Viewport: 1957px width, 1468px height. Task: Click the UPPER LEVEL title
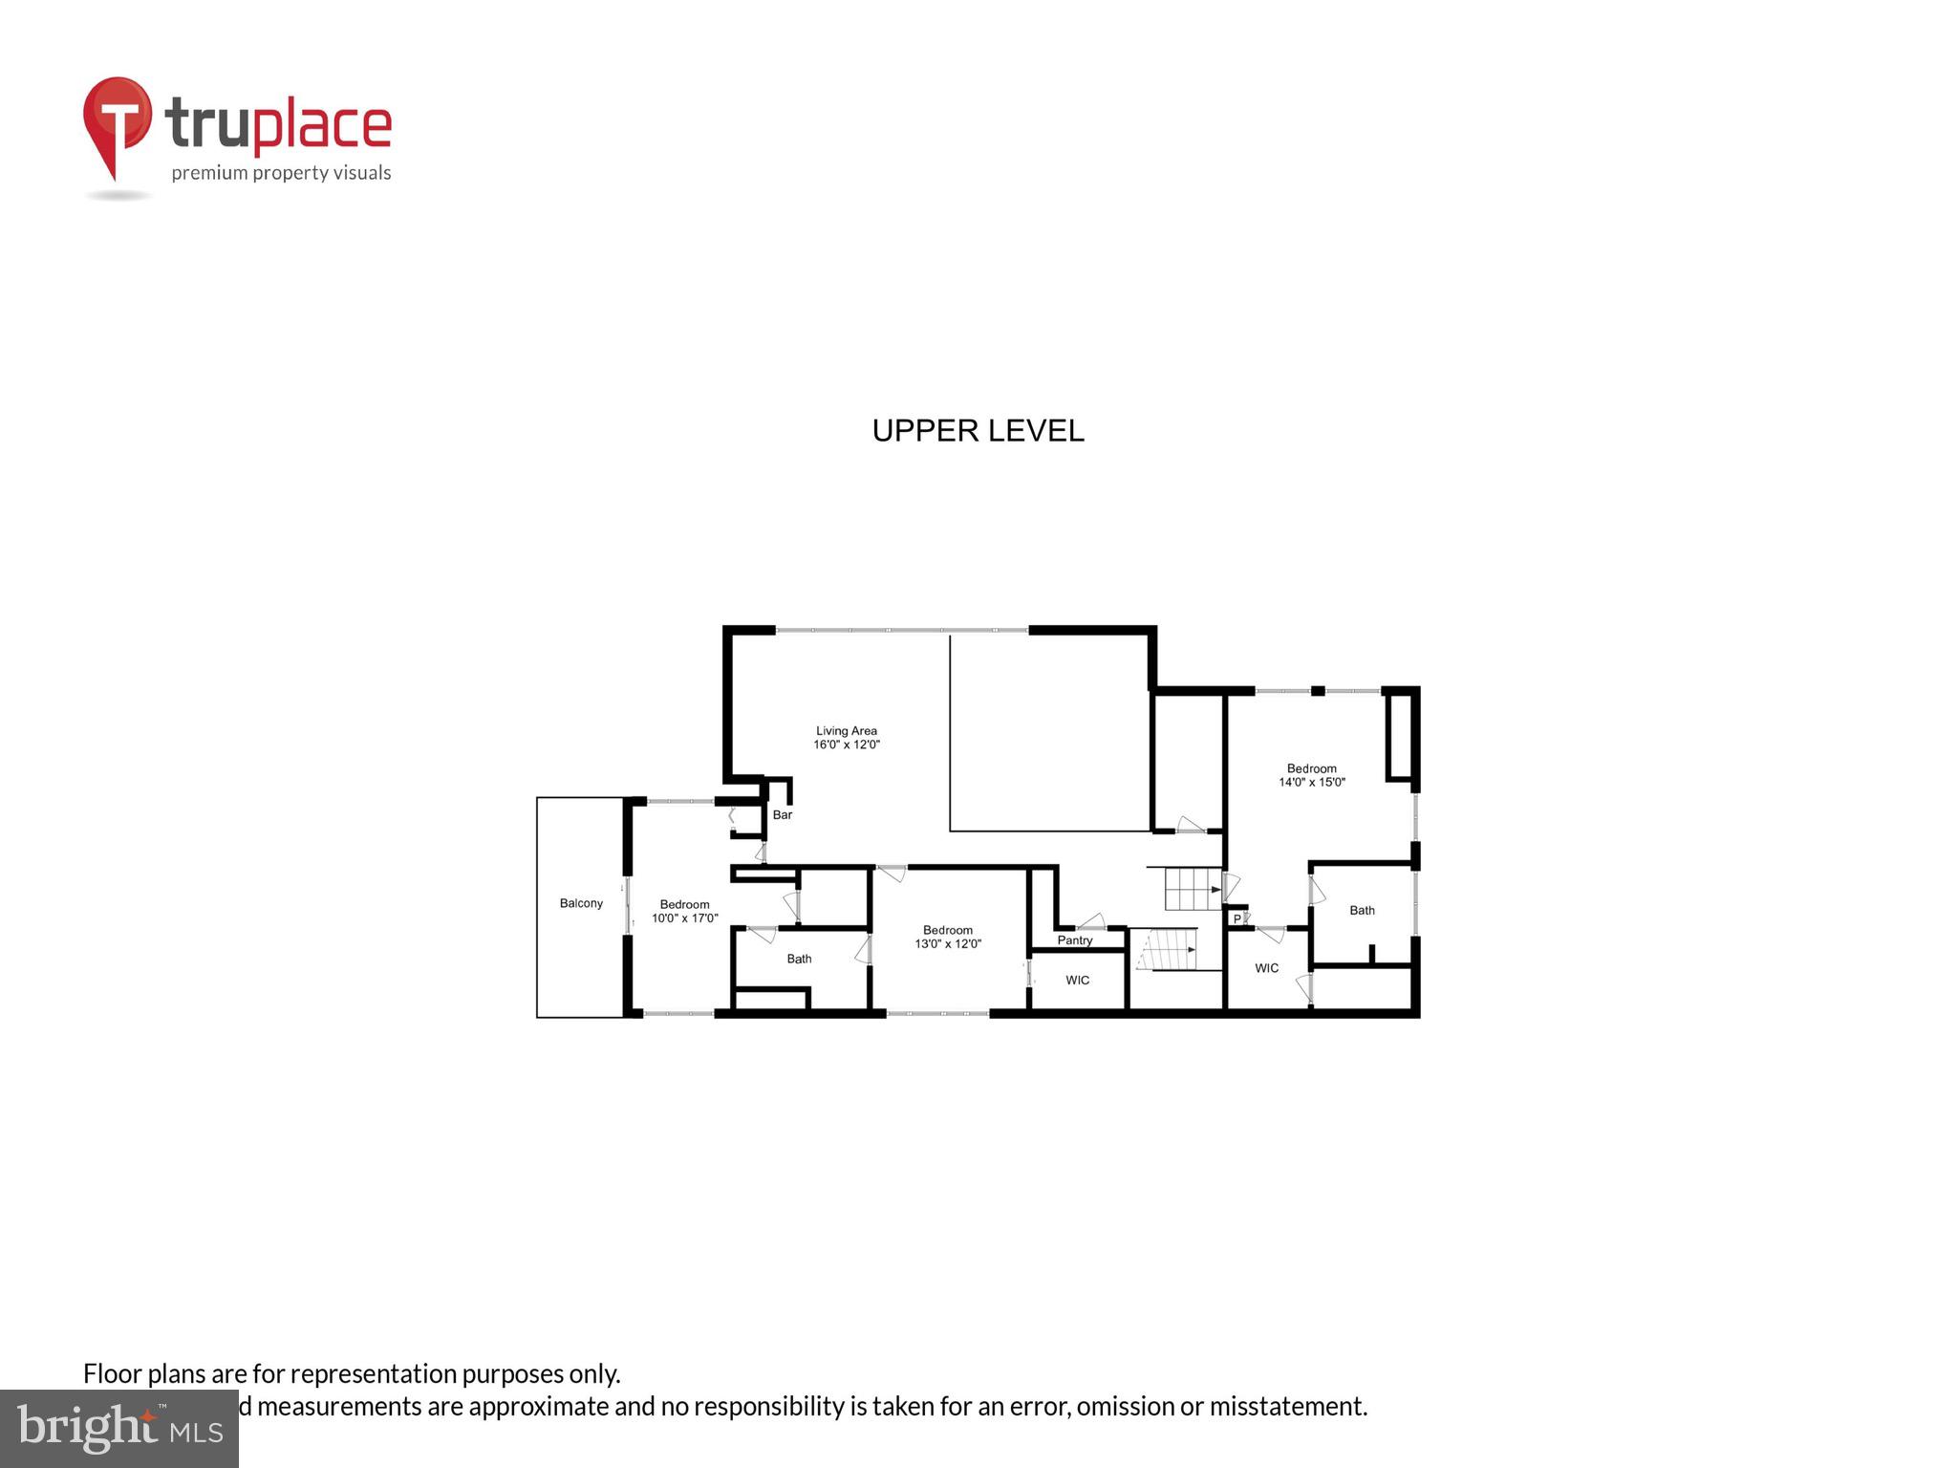tap(978, 431)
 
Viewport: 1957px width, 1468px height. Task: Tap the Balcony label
tap(581, 903)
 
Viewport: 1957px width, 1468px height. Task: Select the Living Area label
tap(846, 731)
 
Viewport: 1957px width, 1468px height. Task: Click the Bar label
tap(783, 815)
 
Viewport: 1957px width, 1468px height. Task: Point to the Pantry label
tap(1075, 940)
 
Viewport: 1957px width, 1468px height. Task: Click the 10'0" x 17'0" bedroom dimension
tap(684, 918)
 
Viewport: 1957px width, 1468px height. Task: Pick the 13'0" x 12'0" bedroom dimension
tap(948, 944)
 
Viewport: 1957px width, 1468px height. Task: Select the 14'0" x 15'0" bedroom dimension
tap(1312, 782)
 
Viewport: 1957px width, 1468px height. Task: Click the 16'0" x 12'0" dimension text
tap(846, 745)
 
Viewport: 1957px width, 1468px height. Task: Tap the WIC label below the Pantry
tap(1077, 981)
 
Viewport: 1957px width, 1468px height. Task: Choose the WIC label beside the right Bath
tap(1266, 968)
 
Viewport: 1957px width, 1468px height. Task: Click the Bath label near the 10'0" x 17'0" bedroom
tap(799, 959)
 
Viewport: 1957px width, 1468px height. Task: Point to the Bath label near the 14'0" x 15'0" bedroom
tap(1362, 911)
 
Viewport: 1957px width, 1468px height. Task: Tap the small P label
tap(1237, 918)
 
